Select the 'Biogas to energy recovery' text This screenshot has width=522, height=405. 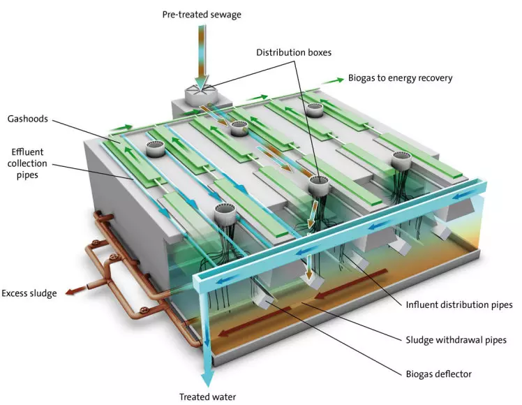[400, 78]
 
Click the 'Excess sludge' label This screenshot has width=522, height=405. [29, 293]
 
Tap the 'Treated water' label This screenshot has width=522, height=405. [207, 397]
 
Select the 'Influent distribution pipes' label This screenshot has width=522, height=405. [459, 304]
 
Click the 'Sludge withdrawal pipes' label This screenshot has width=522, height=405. [456, 341]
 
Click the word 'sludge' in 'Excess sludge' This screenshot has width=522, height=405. [43, 293]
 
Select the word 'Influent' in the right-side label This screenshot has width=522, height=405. [423, 304]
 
